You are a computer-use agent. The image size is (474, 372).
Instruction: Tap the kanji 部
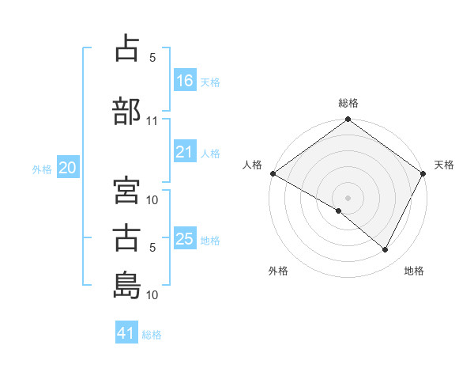(x=126, y=111)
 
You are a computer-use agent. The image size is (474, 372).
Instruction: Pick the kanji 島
(x=126, y=284)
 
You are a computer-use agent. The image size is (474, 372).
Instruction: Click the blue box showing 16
(x=185, y=80)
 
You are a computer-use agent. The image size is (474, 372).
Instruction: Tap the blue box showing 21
(x=185, y=152)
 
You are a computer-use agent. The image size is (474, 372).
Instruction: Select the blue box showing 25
(x=185, y=239)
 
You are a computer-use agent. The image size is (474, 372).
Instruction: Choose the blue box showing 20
(x=67, y=168)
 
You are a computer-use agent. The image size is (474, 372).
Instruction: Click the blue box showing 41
(x=126, y=333)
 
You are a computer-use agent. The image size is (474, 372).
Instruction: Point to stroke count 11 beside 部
(x=152, y=121)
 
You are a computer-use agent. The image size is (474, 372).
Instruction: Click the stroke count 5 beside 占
(x=152, y=58)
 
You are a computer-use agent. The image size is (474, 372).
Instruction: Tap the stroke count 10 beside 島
(x=152, y=295)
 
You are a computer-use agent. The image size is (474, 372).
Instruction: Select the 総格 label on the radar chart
(x=348, y=103)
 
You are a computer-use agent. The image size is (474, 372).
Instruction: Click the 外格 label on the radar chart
(x=278, y=271)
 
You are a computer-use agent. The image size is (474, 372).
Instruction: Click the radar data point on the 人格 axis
(x=273, y=173)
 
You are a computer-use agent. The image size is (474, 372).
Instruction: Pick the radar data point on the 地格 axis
(x=386, y=250)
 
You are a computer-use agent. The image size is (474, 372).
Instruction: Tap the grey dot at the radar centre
(x=348, y=197)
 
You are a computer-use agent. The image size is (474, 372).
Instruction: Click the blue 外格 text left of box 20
(x=42, y=169)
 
